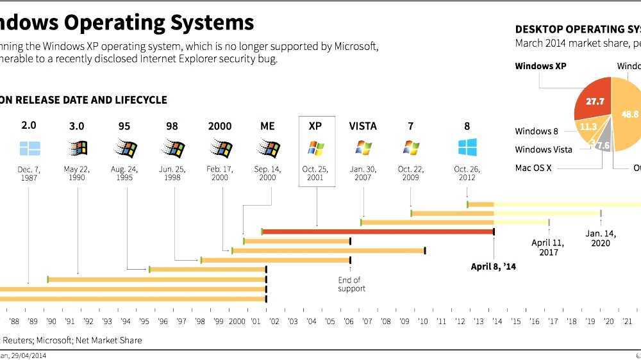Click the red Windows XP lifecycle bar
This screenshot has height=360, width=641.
378,231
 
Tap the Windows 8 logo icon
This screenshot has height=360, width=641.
467,148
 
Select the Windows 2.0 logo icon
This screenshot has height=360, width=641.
29,149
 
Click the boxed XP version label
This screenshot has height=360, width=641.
315,126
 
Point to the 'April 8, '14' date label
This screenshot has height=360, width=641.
493,266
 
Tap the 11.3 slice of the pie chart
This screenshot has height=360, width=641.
588,127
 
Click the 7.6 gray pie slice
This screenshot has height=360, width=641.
603,145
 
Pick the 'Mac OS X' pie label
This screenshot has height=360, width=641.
533,168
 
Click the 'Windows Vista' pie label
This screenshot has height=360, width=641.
543,149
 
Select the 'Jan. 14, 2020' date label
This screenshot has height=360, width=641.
601,238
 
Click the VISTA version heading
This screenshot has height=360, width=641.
363,126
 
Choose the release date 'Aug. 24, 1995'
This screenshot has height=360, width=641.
124,173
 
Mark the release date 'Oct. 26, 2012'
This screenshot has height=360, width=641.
467,173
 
